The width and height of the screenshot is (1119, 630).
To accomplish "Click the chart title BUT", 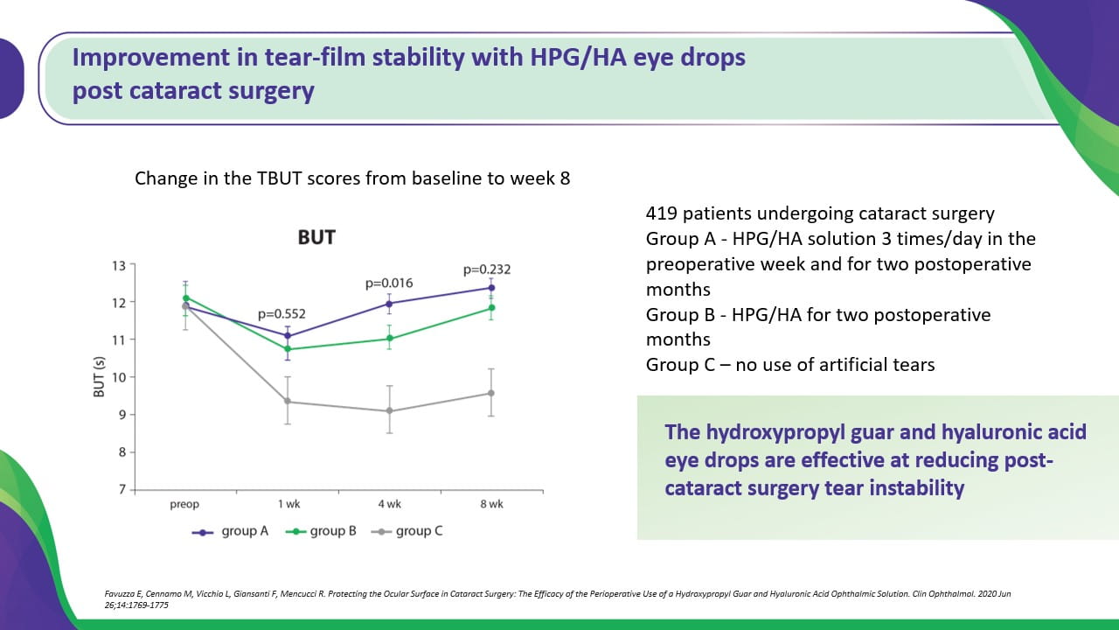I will coord(316,238).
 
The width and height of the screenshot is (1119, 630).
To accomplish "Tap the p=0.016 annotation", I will coord(389,283).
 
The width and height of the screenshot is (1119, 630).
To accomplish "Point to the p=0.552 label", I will coord(281,314).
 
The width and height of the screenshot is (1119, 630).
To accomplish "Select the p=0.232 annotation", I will coord(487,269).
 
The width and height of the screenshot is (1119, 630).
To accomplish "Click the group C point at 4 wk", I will coord(389,411).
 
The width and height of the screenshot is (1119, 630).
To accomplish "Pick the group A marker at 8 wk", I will coord(491,288).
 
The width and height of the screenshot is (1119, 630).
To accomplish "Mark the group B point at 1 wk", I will coord(288,349).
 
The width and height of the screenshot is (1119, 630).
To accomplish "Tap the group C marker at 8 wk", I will coord(491,393).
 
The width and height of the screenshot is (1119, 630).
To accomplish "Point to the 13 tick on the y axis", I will coord(117,265).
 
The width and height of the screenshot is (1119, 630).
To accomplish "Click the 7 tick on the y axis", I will coord(121,489).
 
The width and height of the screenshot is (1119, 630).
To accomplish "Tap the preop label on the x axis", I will coord(184,505).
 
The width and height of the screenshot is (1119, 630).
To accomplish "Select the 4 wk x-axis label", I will coord(389,505).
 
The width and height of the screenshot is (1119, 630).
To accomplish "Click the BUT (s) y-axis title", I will coord(100,376).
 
